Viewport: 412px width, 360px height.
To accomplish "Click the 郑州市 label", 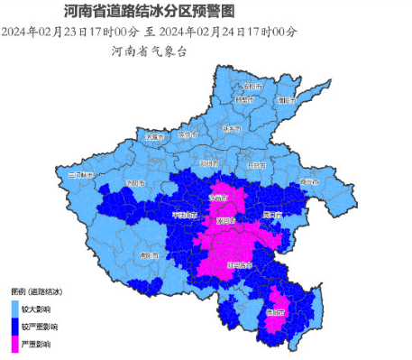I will click(x=209, y=163).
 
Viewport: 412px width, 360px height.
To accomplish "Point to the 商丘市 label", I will click(x=309, y=182).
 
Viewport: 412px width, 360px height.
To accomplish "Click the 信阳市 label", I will click(x=274, y=312).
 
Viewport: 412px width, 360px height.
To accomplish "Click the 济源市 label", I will click(x=155, y=137).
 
